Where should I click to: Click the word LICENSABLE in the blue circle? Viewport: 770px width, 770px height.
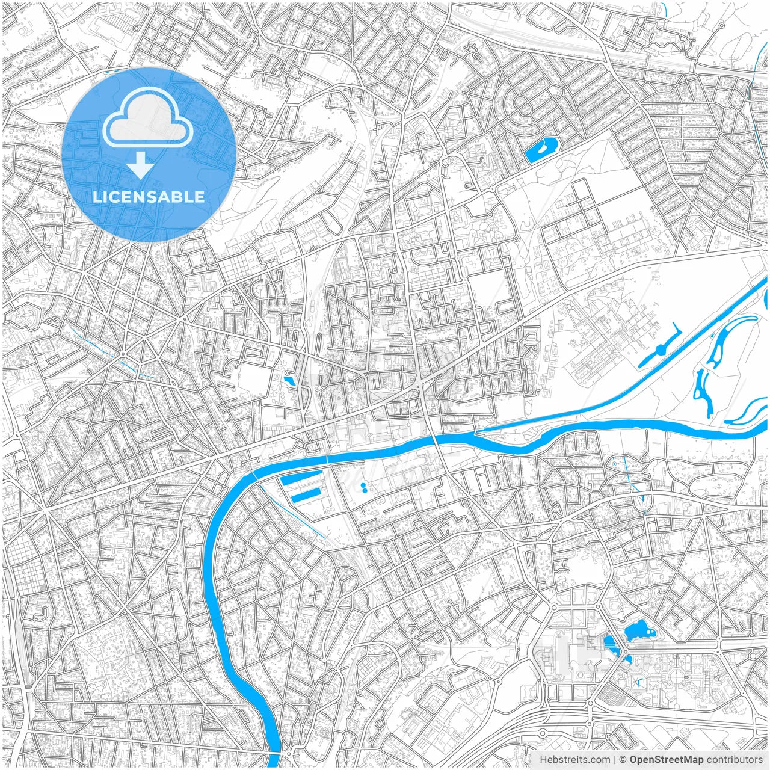click(x=148, y=197)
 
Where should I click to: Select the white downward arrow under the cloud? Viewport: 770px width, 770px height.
click(x=141, y=165)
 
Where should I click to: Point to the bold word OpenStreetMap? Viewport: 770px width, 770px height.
click(x=667, y=760)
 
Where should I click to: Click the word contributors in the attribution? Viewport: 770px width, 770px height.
click(x=734, y=760)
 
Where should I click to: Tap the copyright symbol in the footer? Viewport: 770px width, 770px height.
click(x=623, y=760)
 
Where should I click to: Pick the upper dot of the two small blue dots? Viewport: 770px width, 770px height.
click(x=362, y=484)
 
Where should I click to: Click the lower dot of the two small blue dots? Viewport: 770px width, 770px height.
click(x=364, y=491)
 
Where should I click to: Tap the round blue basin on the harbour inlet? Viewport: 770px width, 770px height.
click(x=661, y=349)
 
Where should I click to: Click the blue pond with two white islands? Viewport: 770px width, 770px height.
click(x=639, y=632)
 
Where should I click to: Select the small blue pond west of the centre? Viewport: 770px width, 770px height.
click(x=289, y=380)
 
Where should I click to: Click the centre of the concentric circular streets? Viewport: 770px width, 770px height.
click(x=522, y=107)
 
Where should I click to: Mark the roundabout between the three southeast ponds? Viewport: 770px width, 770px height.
click(x=625, y=652)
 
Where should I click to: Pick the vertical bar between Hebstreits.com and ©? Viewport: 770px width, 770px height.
click(x=614, y=760)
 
